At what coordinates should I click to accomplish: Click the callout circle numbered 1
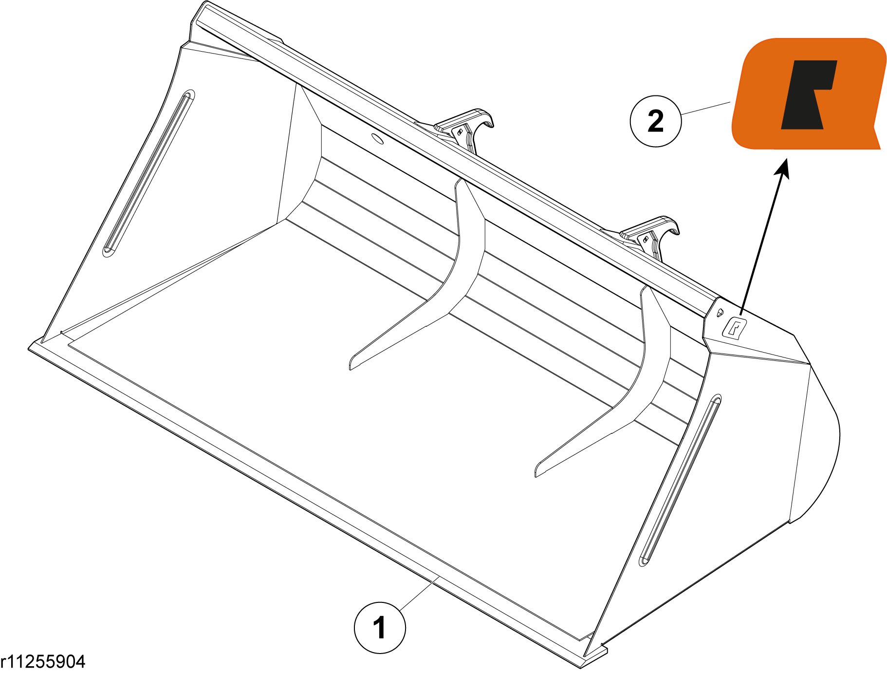click(x=380, y=627)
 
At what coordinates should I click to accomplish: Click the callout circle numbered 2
click(x=656, y=121)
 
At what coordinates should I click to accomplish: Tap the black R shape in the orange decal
click(x=808, y=94)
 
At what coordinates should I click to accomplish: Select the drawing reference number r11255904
click(x=43, y=661)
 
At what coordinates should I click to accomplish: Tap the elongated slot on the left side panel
click(x=148, y=173)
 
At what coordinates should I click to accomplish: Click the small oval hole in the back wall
click(x=377, y=138)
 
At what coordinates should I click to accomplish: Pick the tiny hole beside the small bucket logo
click(x=720, y=312)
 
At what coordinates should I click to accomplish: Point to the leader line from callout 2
click(x=705, y=108)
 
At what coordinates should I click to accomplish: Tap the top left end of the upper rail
click(x=203, y=4)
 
